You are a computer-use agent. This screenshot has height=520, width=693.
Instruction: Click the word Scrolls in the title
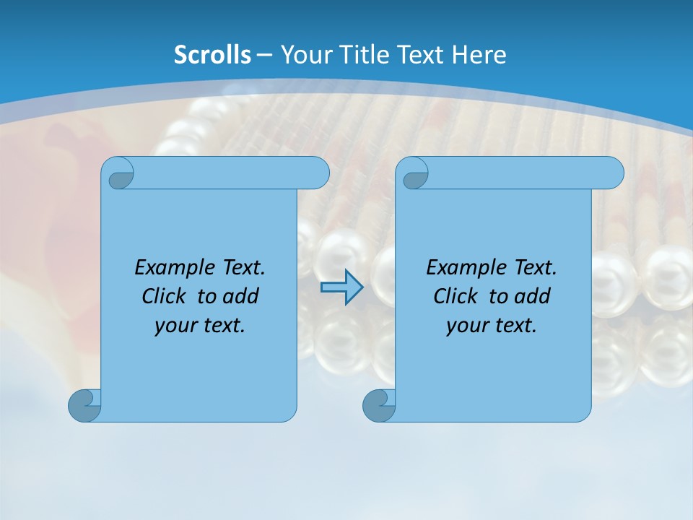(x=212, y=55)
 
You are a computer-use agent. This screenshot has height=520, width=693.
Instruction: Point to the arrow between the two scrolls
(x=342, y=287)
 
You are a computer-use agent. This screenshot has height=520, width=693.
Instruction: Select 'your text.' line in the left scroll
(x=200, y=325)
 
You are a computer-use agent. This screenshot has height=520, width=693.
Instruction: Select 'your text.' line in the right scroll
(x=492, y=325)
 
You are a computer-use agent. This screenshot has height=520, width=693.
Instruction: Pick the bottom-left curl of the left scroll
(x=84, y=405)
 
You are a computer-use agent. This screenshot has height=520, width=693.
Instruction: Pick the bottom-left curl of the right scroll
(x=379, y=405)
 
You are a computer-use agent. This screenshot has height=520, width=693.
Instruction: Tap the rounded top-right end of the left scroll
(x=318, y=173)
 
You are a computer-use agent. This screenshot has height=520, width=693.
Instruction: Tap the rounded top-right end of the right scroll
(x=612, y=173)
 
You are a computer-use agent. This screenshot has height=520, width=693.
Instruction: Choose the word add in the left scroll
(x=240, y=296)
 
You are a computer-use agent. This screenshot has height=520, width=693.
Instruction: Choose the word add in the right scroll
(x=532, y=296)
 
